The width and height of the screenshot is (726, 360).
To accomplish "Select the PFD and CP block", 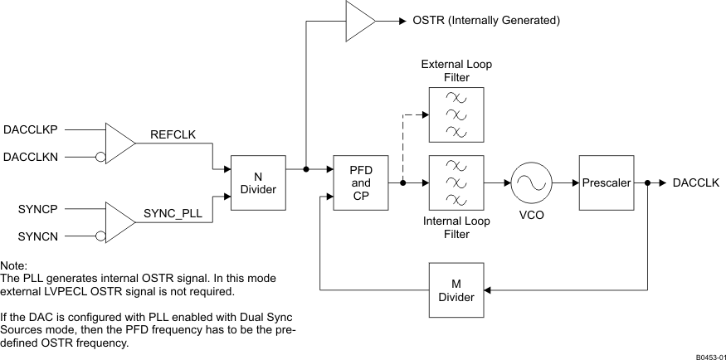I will click(360, 182).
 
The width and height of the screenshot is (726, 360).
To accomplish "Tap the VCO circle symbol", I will click(531, 182).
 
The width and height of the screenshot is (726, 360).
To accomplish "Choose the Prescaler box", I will click(607, 182).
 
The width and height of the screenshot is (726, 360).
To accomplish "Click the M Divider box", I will click(456, 289).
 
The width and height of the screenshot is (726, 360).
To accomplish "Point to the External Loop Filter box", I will click(456, 114).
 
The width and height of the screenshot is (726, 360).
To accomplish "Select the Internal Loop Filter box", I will click(456, 182).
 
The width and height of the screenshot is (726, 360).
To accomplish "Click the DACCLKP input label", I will click(31, 129).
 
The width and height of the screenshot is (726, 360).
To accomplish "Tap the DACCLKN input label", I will click(31, 157).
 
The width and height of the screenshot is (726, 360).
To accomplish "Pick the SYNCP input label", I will click(36, 210).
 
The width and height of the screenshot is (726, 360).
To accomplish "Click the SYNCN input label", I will click(36, 237).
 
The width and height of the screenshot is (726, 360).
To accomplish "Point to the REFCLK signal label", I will click(173, 134).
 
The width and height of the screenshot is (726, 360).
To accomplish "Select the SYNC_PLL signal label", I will click(173, 214).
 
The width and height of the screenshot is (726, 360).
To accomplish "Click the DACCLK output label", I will click(695, 182).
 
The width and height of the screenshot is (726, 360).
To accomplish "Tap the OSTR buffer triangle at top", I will click(359, 20).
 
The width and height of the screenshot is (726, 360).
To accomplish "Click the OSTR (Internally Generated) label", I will click(485, 20).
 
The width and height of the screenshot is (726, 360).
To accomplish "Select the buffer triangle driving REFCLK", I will click(119, 143).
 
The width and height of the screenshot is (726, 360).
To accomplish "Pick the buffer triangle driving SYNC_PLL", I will click(119, 223).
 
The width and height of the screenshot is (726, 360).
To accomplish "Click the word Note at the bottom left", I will click(15, 265).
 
